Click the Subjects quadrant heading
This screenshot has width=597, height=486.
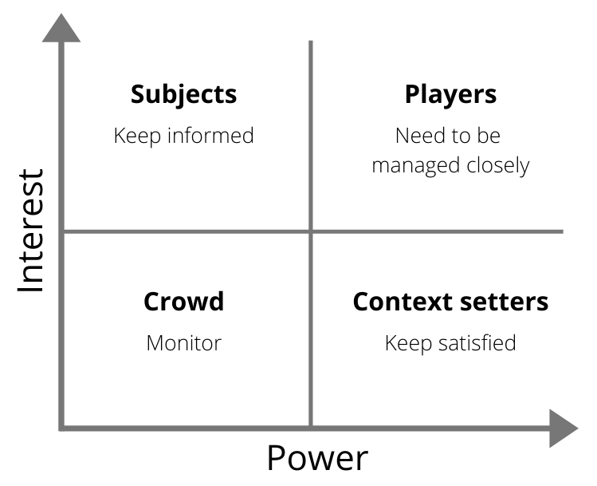tap(183, 94)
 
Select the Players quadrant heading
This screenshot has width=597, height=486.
tap(450, 94)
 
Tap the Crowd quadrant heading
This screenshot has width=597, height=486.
tap(183, 302)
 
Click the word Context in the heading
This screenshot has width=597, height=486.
tap(399, 302)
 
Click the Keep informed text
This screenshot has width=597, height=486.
tap(183, 136)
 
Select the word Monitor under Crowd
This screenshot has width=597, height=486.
tap(183, 343)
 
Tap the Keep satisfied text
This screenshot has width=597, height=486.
tap(450, 343)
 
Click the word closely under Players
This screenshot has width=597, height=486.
tap(498, 166)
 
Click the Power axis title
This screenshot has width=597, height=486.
tap(317, 459)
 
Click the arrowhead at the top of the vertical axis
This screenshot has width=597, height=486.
tap(61, 28)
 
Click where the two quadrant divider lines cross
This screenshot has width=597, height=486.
tap(310, 232)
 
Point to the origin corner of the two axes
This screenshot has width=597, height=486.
tap(62, 429)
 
